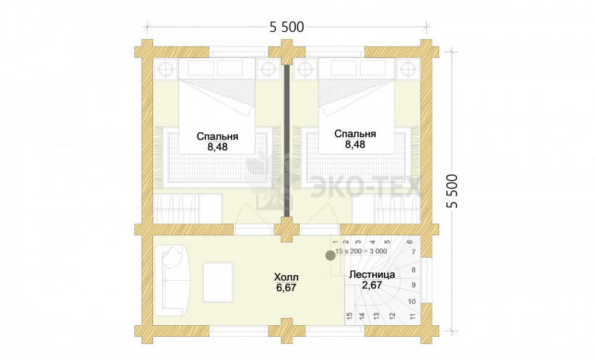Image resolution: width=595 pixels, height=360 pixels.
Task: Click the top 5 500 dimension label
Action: click(x=287, y=27)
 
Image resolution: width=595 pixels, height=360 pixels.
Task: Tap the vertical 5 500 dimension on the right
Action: click(x=452, y=191)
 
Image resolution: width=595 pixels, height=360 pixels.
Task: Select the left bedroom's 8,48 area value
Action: click(x=217, y=147)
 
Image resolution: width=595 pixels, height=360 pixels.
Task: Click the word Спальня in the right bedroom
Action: click(x=355, y=134)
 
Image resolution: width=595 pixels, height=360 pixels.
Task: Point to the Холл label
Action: click(x=286, y=277)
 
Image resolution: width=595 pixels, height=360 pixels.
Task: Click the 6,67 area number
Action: click(x=286, y=288)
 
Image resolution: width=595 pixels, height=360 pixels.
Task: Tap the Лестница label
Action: click(x=372, y=274)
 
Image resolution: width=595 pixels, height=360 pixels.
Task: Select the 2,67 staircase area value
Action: click(x=372, y=285)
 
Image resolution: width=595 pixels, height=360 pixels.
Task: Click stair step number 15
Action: click(x=350, y=316)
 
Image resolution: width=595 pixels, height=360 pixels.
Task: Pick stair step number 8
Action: click(x=414, y=270)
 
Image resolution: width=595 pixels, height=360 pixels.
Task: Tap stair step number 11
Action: click(x=412, y=316)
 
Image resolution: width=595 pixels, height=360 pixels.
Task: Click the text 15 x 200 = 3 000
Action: click(x=361, y=251)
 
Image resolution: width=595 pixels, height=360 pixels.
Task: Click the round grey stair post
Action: click(x=330, y=255)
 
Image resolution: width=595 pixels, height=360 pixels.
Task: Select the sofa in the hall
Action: click(x=172, y=281)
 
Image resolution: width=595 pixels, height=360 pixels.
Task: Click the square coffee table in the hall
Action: click(x=218, y=282)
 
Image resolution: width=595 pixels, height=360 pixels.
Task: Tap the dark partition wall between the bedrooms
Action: click(x=287, y=141)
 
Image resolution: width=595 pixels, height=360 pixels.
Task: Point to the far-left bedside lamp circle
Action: click(x=165, y=69)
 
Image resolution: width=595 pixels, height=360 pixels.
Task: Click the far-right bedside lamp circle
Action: click(x=409, y=69)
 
